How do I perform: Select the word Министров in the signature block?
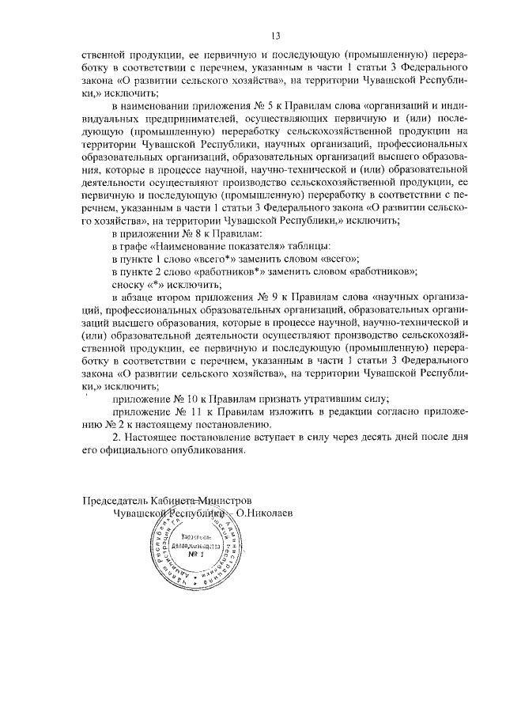(x=225, y=500)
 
